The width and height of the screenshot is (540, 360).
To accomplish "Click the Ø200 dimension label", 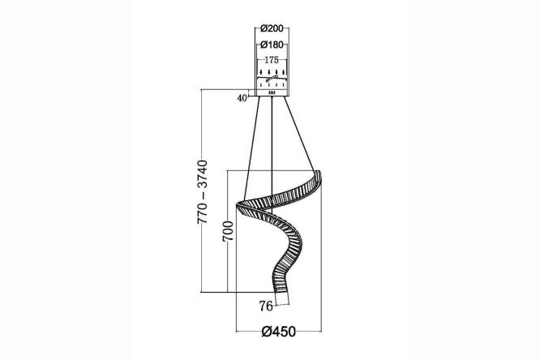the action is click(272, 28).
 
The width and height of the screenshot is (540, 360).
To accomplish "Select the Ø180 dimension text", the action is click(272, 45).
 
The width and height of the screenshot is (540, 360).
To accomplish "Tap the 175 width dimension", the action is click(272, 60).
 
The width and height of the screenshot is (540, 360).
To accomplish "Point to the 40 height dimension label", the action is click(242, 98).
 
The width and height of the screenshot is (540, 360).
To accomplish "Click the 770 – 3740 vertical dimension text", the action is click(203, 191).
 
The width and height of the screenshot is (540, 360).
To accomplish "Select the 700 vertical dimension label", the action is click(228, 232).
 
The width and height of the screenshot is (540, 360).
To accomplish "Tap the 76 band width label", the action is click(266, 306).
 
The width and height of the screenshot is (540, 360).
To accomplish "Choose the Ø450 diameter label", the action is click(279, 332).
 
